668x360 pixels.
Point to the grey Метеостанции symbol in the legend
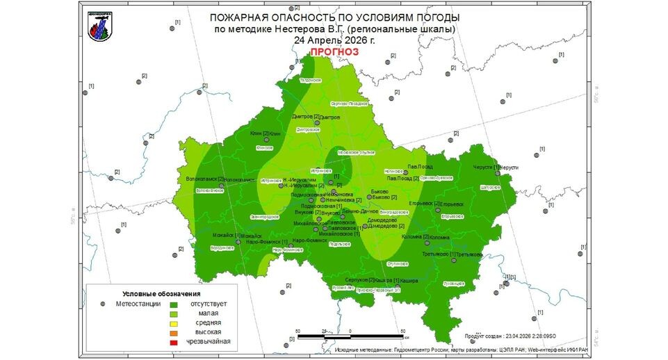[102, 304]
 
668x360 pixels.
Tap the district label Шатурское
[490, 187]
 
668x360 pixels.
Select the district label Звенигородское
[263, 218]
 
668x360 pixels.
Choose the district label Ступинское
[396, 264]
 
